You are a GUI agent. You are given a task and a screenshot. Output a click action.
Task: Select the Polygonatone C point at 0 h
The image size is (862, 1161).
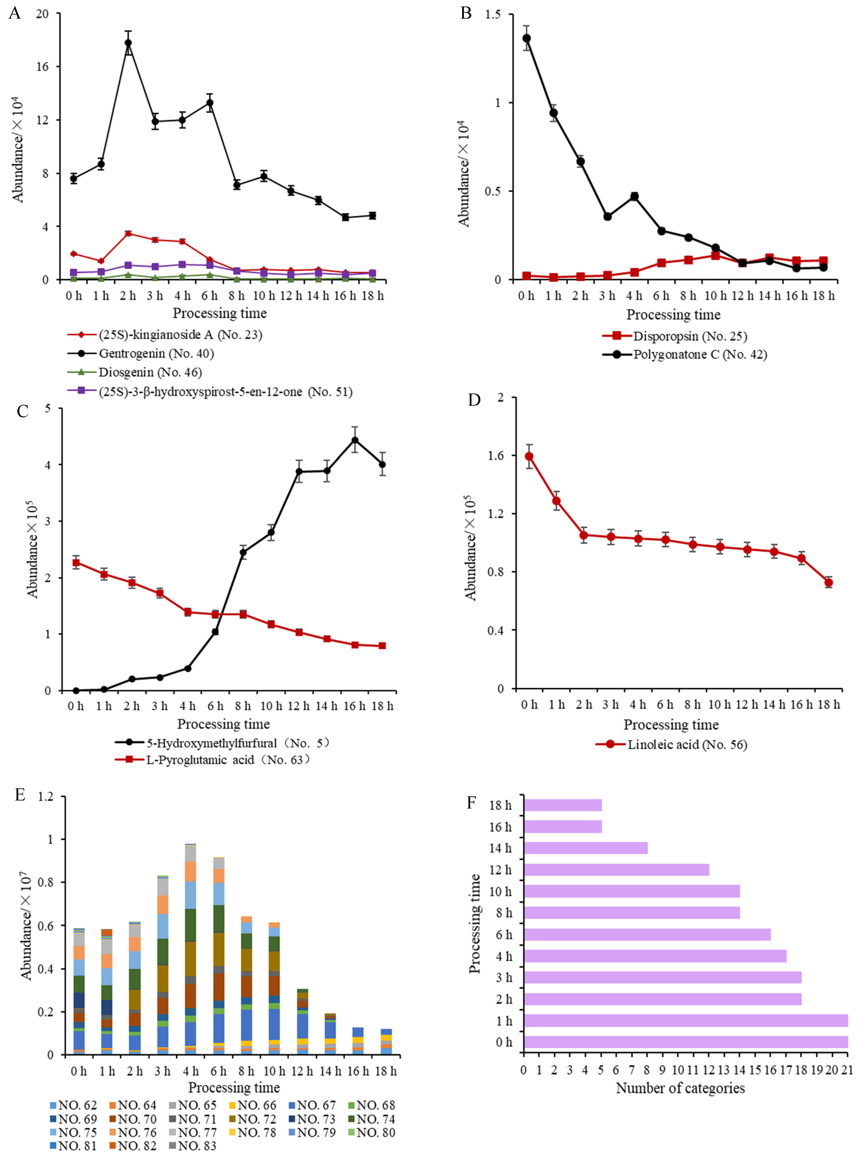[527, 38]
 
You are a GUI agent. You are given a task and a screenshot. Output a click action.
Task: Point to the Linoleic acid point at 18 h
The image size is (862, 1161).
[828, 583]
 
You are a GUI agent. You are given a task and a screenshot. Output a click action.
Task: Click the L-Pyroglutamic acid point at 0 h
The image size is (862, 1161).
[76, 562]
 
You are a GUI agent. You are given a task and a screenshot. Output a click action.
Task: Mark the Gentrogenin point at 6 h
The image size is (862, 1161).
[210, 103]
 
